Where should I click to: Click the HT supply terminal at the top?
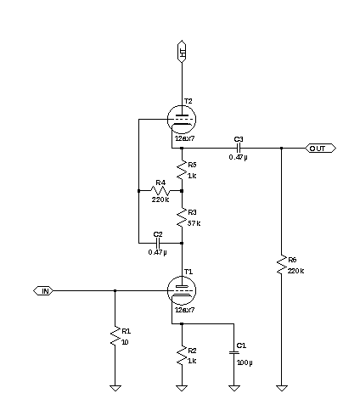[182, 51]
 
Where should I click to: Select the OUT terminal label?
[321, 149]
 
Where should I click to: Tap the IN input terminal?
[43, 291]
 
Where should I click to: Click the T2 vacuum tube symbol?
[182, 119]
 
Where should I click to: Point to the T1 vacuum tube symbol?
[182, 290]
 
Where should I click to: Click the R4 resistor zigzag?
[160, 191]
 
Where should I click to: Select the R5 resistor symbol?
[182, 170]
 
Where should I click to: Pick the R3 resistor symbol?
[182, 217]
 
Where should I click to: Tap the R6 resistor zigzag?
[281, 265]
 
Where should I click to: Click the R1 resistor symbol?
[115, 336]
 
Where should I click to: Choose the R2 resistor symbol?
[182, 356]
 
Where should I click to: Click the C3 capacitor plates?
[239, 148]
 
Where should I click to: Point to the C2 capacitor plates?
[158, 243]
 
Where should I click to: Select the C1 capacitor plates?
[234, 352]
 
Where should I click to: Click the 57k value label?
[194, 223]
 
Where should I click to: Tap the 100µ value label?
[245, 362]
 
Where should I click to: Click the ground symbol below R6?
[282, 388]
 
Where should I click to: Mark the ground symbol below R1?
[115, 388]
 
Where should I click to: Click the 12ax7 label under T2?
[185, 138]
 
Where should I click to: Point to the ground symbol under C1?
[234, 388]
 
